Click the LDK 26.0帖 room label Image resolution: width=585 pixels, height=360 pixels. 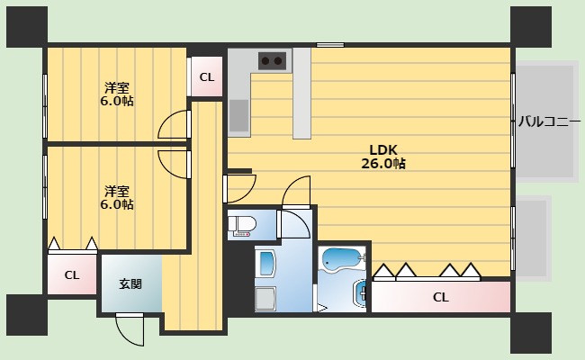coord(383,157)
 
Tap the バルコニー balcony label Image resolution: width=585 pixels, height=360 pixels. coord(549,121)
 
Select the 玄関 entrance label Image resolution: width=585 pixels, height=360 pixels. coord(130,283)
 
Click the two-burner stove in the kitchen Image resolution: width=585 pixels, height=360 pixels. coord(273,60)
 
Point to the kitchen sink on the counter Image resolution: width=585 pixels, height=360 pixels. coord(238,115)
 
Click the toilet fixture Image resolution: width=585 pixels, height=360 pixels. coord(242,226)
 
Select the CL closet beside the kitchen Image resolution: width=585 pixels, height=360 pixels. coord(207,76)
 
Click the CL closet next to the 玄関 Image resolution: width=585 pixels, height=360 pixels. coord(72,274)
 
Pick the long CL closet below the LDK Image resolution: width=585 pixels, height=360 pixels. coord(441,297)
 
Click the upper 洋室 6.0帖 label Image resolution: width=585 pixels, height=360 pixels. coord(117,94)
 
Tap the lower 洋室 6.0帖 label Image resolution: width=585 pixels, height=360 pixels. coord(117,198)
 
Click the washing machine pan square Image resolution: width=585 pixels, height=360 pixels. coord(265,299)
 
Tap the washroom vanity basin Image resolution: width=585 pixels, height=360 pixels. coord(265,263)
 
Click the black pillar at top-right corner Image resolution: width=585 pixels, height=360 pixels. coord(531,26)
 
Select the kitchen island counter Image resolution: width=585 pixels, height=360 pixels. coord(301,94)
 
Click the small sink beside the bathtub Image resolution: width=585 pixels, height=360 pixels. coord(360,294)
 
